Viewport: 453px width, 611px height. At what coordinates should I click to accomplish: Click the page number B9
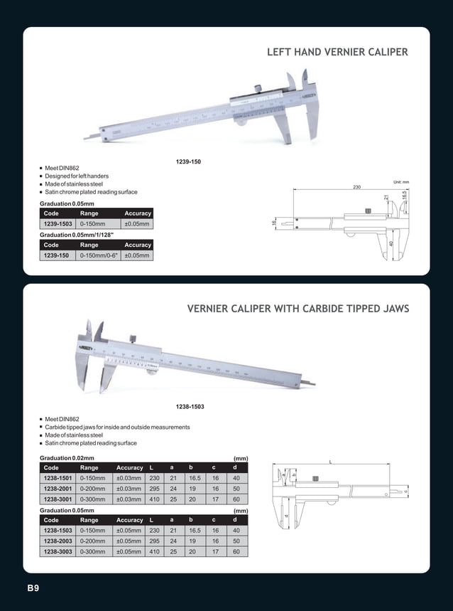(x=33, y=588)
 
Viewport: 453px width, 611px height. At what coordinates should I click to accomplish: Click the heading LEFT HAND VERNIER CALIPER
(x=337, y=53)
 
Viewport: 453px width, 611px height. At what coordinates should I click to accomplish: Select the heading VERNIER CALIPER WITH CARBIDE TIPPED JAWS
(x=298, y=309)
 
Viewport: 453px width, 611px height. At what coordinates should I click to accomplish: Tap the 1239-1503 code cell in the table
(x=58, y=224)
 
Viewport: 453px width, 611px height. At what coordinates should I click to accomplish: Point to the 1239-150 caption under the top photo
(x=188, y=162)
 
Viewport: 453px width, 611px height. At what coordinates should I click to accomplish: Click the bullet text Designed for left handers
(x=77, y=176)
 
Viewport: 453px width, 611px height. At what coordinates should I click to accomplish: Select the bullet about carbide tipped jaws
(x=117, y=427)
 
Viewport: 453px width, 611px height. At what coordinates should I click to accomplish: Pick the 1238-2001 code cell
(x=57, y=489)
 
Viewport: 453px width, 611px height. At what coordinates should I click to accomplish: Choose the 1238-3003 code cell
(x=57, y=551)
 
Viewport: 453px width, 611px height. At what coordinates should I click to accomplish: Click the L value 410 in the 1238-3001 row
(x=153, y=500)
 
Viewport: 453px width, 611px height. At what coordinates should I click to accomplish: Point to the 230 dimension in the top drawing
(x=356, y=187)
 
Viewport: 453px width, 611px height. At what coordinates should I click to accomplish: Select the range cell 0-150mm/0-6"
(x=99, y=255)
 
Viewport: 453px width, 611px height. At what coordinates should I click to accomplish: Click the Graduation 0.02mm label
(x=67, y=458)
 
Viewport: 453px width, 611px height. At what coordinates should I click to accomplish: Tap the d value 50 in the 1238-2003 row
(x=236, y=541)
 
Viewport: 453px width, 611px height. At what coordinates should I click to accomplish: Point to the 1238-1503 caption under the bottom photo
(x=190, y=406)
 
